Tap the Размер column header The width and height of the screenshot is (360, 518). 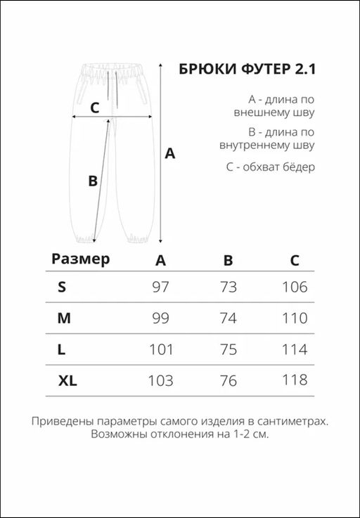[x=81, y=259]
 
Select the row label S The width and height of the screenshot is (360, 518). [x=62, y=287]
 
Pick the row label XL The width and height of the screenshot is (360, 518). [x=68, y=380]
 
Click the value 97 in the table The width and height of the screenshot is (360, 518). [x=160, y=287]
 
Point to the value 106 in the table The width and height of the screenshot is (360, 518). [x=294, y=287]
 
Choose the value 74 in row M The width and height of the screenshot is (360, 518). [x=228, y=318]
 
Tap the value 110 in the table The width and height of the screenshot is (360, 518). [x=294, y=318]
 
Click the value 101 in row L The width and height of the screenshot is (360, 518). [x=160, y=349]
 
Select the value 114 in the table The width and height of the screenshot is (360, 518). [x=294, y=349]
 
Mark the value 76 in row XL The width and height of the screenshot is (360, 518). [x=228, y=380]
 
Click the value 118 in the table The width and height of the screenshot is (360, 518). [x=294, y=380]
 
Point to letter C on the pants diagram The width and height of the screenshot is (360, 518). [x=95, y=108]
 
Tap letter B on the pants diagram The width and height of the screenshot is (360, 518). [x=92, y=181]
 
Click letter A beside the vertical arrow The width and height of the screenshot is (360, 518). [x=169, y=154]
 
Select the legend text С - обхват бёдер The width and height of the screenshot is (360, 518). [x=271, y=167]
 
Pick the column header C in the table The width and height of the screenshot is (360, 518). [x=295, y=261]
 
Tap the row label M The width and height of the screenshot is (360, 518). [x=64, y=318]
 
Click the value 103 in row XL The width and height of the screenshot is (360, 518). [x=160, y=380]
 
